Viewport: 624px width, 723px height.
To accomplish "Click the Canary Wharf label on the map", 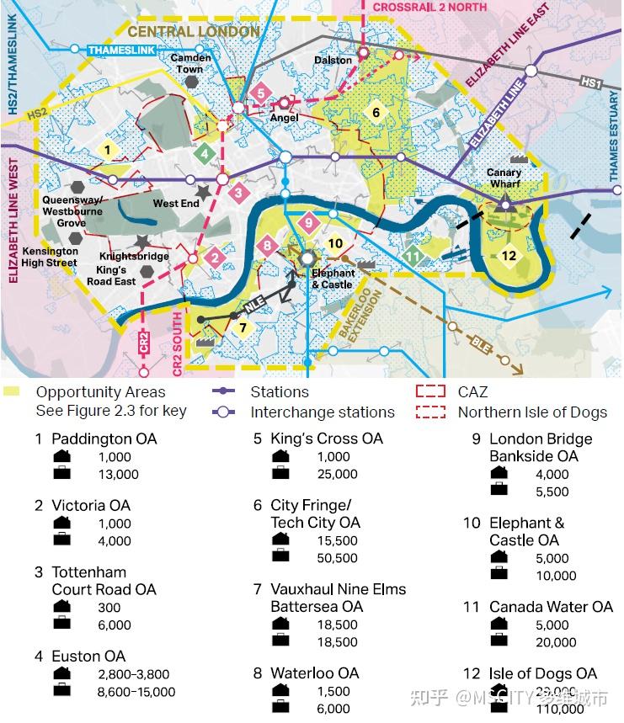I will [504, 178].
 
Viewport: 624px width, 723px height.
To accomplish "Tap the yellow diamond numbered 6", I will [376, 113].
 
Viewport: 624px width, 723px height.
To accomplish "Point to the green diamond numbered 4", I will [203, 154].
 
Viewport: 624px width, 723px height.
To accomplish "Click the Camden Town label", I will [190, 63].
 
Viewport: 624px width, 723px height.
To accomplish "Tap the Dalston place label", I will [333, 61].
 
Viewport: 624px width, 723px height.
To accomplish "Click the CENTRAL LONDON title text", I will [194, 32].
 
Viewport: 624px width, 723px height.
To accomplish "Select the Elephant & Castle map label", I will [333, 279].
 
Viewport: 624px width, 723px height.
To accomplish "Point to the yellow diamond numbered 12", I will [508, 256].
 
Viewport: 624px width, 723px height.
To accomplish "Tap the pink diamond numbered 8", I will [268, 246].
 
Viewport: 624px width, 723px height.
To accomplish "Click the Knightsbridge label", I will [134, 256].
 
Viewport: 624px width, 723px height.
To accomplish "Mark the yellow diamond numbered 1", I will [106, 150].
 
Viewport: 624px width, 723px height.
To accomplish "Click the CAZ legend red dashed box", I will [430, 392].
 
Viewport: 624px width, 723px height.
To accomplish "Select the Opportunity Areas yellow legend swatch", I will [12, 392].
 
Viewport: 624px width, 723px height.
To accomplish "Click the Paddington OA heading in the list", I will [104, 439].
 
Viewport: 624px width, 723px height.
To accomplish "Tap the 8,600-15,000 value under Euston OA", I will [136, 692].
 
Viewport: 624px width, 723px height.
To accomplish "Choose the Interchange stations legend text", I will [322, 412].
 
